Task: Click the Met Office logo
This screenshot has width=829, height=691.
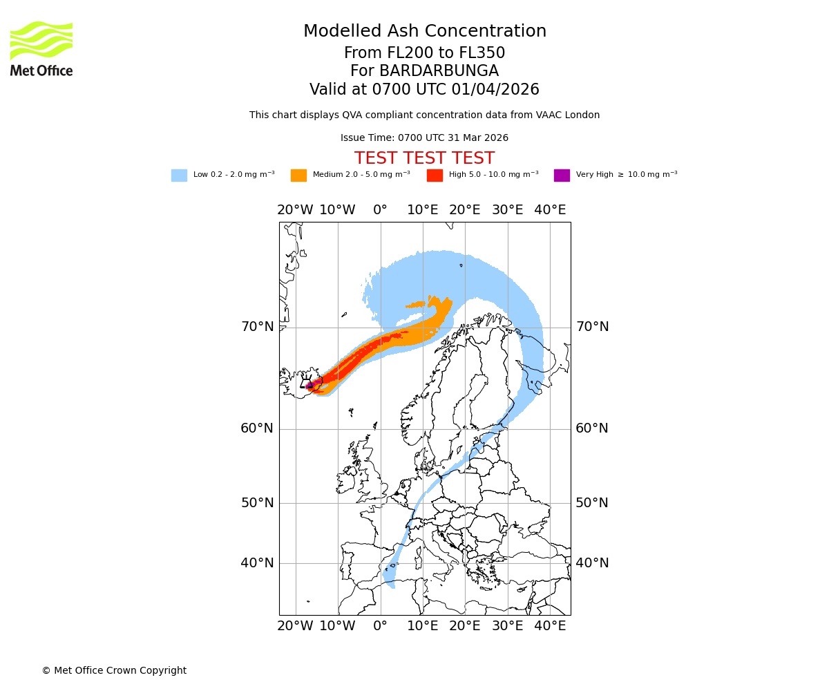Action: click(41, 48)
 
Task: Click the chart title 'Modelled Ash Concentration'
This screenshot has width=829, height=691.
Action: click(424, 32)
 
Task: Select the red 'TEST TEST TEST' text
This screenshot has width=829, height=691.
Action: click(424, 159)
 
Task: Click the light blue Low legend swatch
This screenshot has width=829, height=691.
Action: click(179, 176)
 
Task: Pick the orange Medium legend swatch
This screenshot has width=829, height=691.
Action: click(298, 176)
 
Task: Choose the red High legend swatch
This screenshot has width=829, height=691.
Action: click(435, 176)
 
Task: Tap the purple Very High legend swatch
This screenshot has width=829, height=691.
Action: click(562, 176)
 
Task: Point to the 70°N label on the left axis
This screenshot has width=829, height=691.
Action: click(257, 327)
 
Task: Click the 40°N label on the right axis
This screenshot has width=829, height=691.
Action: click(592, 563)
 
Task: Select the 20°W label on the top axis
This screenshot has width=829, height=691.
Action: click(295, 210)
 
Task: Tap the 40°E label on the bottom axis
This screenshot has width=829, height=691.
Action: click(550, 626)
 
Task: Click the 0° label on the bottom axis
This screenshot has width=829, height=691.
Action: click(380, 626)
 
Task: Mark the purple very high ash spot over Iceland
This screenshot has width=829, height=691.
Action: click(312, 384)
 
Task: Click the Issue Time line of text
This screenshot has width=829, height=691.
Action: click(424, 138)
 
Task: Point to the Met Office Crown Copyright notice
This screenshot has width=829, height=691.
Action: click(114, 671)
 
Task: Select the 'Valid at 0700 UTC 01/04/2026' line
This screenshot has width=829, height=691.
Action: click(424, 90)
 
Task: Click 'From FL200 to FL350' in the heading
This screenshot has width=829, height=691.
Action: click(424, 53)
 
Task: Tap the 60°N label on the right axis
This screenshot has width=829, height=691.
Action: click(592, 428)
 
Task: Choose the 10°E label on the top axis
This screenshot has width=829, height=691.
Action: click(423, 210)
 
